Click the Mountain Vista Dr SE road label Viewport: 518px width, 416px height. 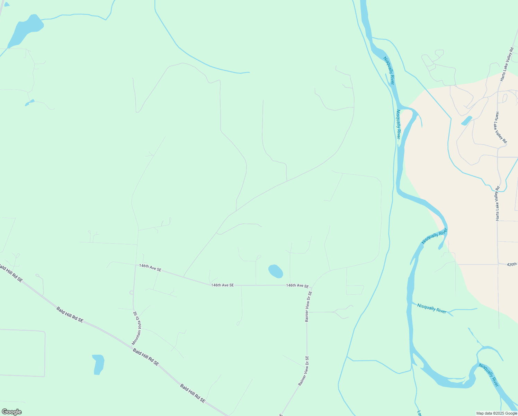pos(137,328)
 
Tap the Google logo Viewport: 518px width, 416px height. pos(11,412)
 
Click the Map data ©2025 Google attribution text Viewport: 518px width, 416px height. pos(497,413)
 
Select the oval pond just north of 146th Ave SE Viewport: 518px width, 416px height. pos(276,271)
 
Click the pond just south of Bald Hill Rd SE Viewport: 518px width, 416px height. pos(98,364)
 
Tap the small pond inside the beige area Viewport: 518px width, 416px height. pos(466,121)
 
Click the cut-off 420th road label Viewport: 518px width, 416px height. pos(512,264)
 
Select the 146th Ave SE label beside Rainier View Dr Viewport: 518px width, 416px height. pos(297,286)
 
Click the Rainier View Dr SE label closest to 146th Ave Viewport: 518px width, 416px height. pos(309,306)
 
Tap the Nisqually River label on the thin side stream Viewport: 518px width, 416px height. pos(432,308)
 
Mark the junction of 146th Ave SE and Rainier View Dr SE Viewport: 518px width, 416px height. pos(311,288)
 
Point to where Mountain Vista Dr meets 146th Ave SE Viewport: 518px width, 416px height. pos(135,265)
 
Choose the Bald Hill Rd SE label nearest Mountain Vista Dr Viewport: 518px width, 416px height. pos(146,357)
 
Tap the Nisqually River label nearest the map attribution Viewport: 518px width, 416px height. pos(489,375)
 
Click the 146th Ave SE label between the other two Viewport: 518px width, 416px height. pos(222,285)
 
